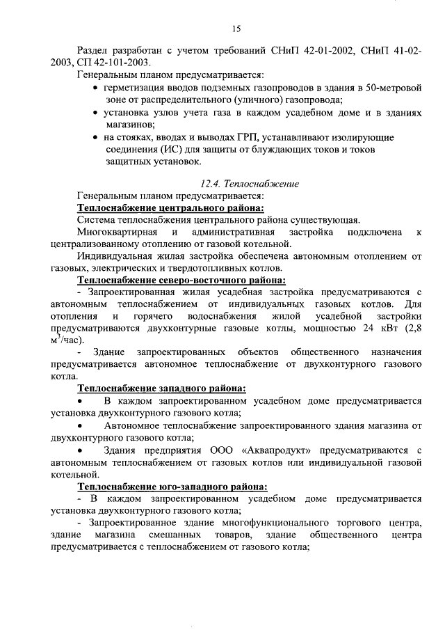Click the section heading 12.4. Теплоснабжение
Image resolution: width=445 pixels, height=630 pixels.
pyautogui.click(x=250, y=184)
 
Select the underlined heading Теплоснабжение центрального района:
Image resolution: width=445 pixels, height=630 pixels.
pyautogui.click(x=170, y=208)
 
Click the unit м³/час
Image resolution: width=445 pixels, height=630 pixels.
pyautogui.click(x=67, y=340)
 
